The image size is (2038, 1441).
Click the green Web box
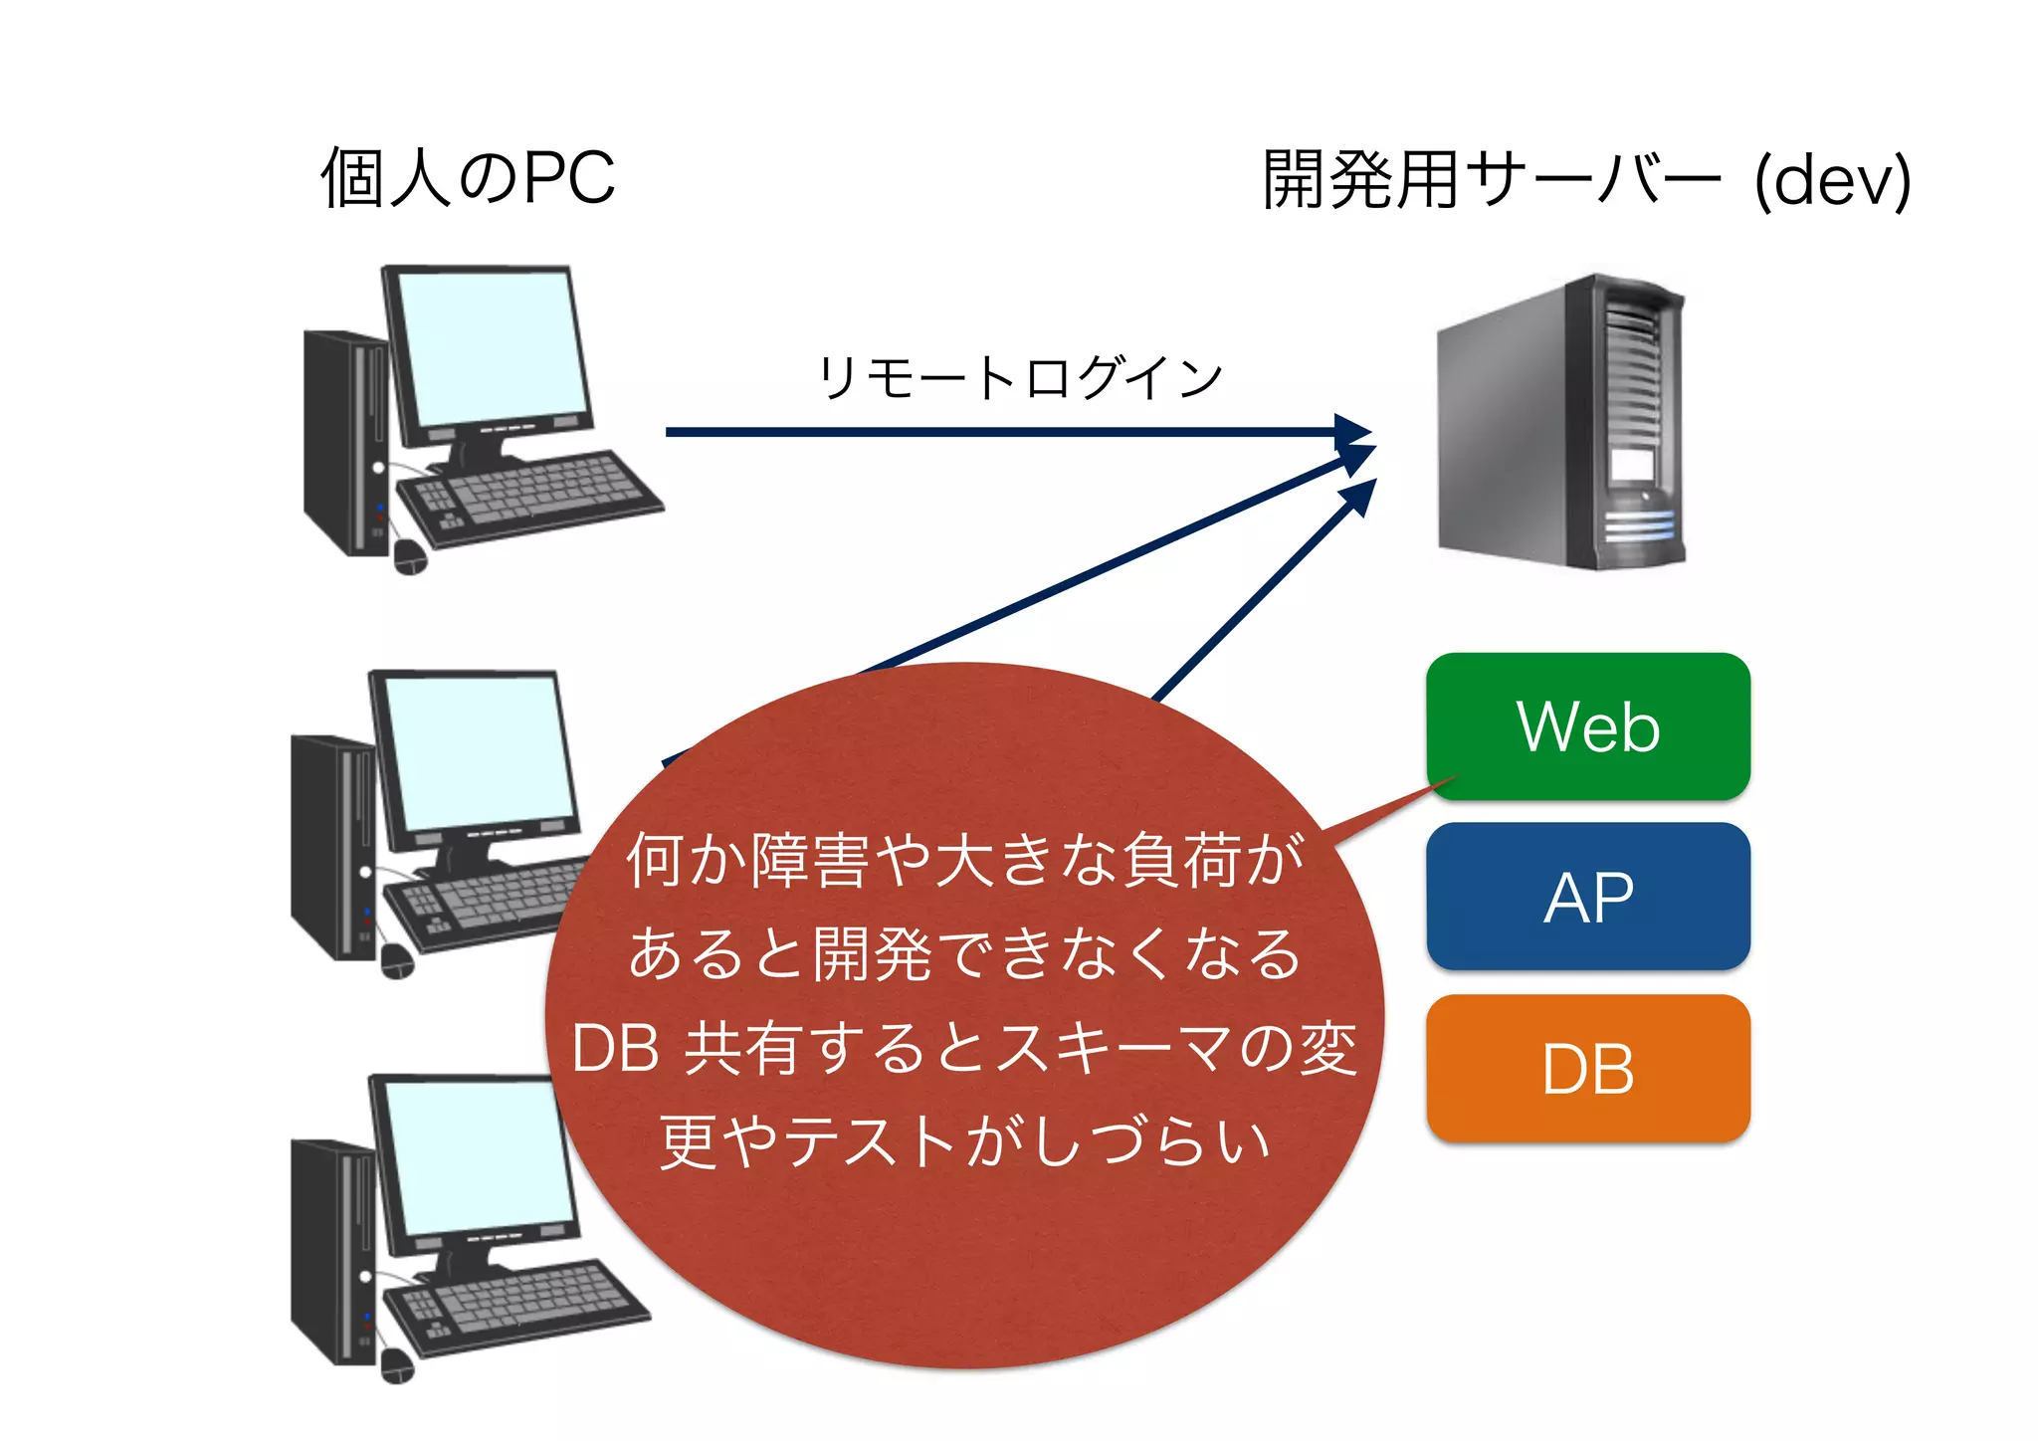point(1587,726)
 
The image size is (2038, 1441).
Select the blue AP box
point(1587,897)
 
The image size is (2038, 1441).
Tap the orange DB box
point(1587,1069)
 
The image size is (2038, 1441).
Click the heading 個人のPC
point(468,179)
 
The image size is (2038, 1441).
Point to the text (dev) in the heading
point(1832,181)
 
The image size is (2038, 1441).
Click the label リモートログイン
point(1019,378)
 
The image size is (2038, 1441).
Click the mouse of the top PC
point(409,557)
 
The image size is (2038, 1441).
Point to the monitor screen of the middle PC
point(478,751)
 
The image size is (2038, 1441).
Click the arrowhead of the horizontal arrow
point(1353,432)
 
